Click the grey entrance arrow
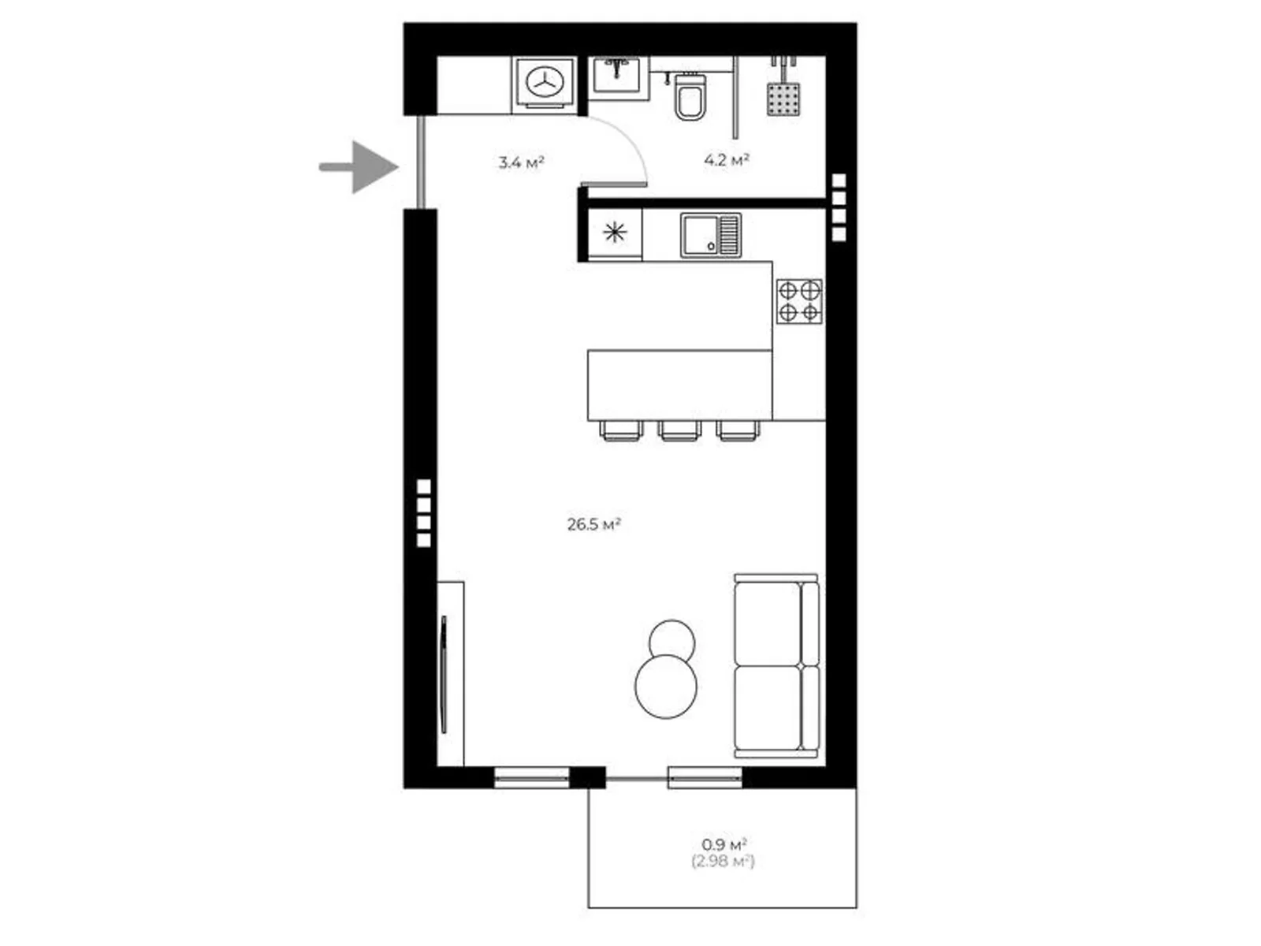[x=359, y=167]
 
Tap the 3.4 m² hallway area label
[x=521, y=162]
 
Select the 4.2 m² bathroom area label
[x=727, y=160]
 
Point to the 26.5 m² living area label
[x=594, y=524]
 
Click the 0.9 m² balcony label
[x=723, y=845]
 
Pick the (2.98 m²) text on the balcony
[x=723, y=862]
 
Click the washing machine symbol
[x=545, y=84]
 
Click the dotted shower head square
[x=783, y=99]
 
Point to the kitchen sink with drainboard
[x=711, y=235]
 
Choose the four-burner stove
[x=799, y=302]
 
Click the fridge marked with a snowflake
[x=615, y=233]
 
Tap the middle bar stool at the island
[x=679, y=430]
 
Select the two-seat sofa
[x=777, y=665]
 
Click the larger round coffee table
[x=667, y=687]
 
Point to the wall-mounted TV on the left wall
[x=444, y=674]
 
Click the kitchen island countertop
[x=679, y=385]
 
